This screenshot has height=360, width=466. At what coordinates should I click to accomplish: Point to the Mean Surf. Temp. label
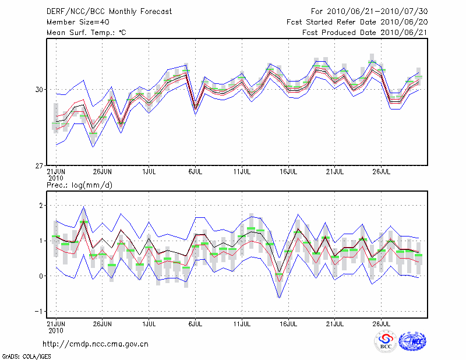(x=86, y=33)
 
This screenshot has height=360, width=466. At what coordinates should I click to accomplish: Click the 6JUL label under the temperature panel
(x=195, y=172)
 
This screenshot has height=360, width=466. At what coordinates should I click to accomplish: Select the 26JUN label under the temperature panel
(x=102, y=172)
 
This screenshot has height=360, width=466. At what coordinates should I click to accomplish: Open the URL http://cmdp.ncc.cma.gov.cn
(x=96, y=344)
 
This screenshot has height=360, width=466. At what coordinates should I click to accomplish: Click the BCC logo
(x=386, y=342)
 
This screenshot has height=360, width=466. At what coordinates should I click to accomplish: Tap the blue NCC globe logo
(x=412, y=342)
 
